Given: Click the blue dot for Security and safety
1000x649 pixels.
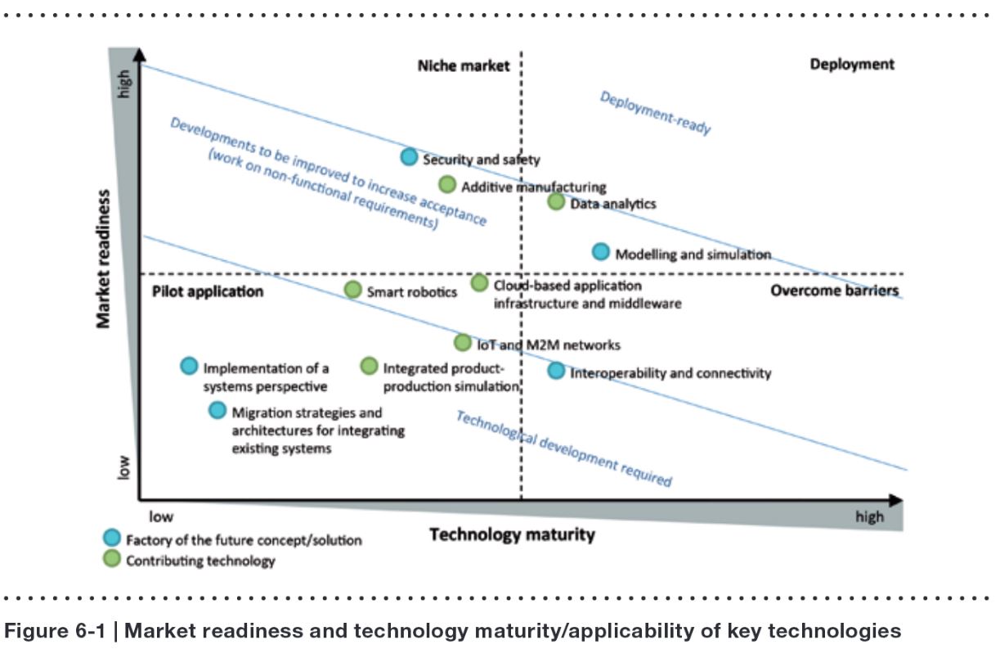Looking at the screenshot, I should point(409,157).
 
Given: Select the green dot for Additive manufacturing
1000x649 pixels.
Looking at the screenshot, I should point(447,184).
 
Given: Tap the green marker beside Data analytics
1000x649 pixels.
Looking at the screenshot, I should point(556,201).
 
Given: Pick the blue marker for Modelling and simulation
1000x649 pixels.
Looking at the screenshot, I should point(600,251).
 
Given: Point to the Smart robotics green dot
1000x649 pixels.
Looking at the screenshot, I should point(352,289).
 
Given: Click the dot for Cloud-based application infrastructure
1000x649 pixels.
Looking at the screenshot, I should point(480,283).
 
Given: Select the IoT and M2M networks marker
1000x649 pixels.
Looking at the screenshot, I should point(463,342).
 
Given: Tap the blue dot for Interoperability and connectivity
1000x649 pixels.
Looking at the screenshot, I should point(556,371).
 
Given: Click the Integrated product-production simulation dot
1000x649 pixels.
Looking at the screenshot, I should point(370,366).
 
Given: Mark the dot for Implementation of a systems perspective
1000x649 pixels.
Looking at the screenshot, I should point(189,366).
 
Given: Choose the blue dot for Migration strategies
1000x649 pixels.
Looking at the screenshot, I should point(217,410).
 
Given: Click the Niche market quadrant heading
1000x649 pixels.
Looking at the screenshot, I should point(463,65).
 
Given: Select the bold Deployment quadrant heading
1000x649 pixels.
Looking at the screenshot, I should point(852,64).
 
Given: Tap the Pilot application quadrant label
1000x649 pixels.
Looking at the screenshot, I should point(208,291).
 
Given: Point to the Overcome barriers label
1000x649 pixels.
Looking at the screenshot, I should point(834,291).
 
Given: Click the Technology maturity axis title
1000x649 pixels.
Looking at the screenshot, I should point(512,535).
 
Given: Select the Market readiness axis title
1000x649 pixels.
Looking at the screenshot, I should point(104,259).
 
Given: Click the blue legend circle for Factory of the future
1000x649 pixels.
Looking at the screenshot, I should point(112,538).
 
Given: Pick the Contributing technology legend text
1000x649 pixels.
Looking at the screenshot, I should point(200,561).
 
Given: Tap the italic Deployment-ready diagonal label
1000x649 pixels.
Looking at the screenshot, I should point(655,113).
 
